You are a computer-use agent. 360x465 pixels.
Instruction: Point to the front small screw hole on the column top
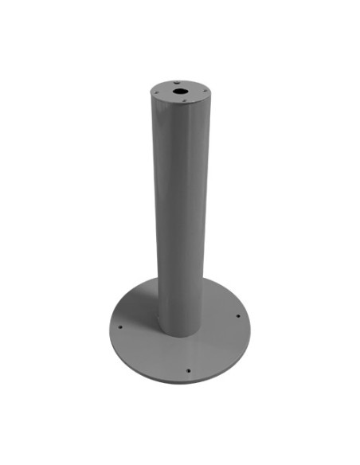pyautogui.click(x=183, y=100)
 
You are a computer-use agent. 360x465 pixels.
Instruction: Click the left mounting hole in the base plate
pyautogui.click(x=120, y=326)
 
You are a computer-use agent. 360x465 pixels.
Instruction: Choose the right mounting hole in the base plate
pyautogui.click(x=238, y=316)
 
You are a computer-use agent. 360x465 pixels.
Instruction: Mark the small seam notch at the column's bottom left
pyautogui.click(x=157, y=322)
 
